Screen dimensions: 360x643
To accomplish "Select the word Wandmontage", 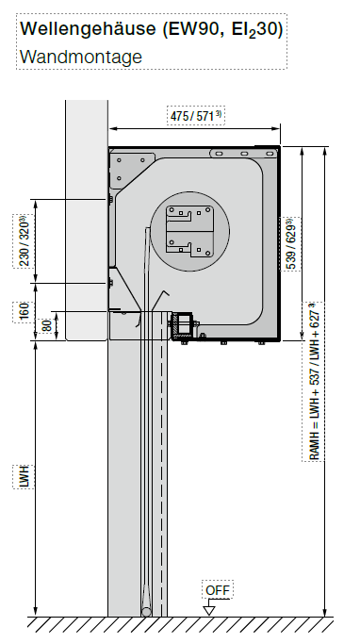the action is (81, 57).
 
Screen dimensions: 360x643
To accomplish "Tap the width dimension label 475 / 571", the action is (196, 116).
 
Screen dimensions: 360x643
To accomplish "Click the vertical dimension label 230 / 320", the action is (24, 241).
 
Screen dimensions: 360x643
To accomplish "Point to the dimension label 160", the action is (24, 312).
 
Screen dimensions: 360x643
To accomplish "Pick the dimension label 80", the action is (47, 326).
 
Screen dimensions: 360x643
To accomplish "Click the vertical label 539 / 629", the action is (289, 244).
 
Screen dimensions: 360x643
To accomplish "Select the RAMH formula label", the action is (313, 382).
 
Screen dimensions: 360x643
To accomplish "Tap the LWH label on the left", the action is (24, 477).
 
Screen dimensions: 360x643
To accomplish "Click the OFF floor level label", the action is (218, 590).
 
